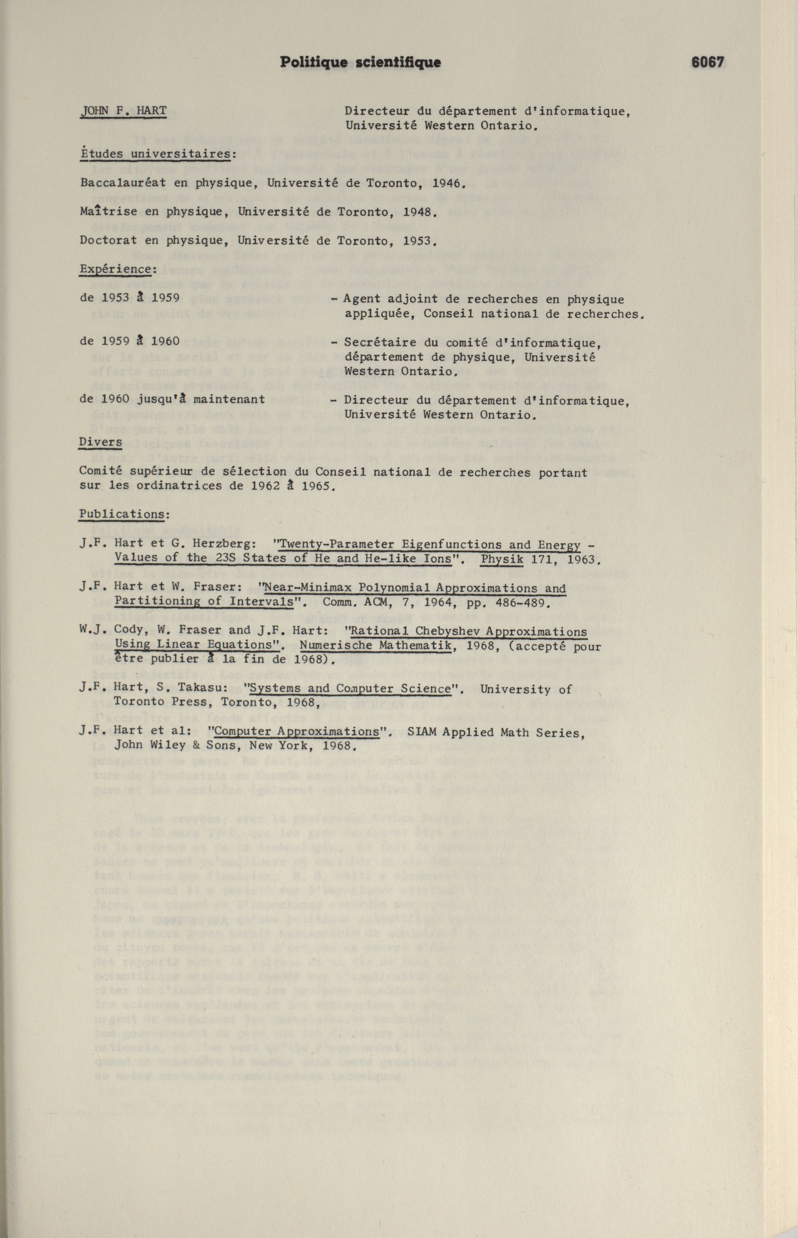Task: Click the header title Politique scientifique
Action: pos(360,62)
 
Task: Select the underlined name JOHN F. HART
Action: pos(123,111)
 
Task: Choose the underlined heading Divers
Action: pos(101,442)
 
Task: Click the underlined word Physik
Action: pos(501,559)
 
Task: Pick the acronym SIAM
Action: pos(423,732)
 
